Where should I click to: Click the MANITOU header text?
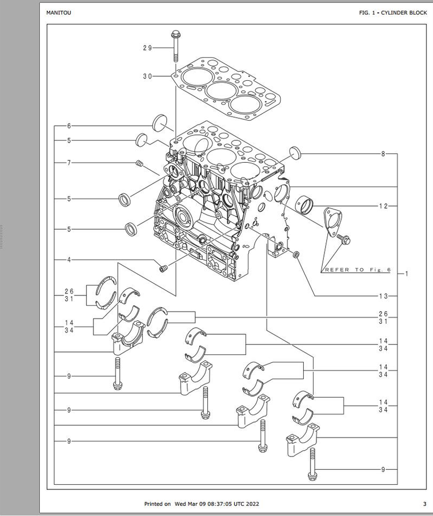(58, 13)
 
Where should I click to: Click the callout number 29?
(147, 48)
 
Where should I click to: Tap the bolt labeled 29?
(175, 46)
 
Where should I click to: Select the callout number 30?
(147, 76)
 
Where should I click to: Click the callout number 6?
(69, 126)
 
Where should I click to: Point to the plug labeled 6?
(160, 123)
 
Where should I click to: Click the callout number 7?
(69, 163)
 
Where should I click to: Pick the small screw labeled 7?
(140, 163)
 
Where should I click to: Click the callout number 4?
(69, 260)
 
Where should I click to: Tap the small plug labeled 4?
(163, 268)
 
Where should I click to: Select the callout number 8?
(383, 154)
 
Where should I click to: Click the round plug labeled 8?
(296, 154)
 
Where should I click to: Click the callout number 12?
(383, 206)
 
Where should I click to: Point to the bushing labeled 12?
(305, 205)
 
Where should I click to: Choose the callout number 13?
(383, 296)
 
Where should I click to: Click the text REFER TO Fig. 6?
(357, 270)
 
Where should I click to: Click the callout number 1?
(406, 274)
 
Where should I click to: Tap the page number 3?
(425, 504)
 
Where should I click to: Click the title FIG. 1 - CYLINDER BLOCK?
(393, 13)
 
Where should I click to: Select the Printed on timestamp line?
(201, 504)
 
